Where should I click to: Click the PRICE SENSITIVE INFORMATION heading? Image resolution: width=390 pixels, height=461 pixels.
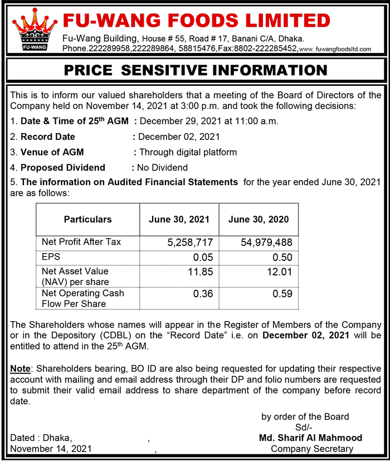pos(195,70)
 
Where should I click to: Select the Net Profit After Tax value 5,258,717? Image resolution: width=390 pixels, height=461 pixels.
pos(190,242)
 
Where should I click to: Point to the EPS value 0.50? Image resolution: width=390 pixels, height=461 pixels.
pos(282,258)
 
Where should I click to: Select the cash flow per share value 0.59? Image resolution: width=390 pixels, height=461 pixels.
pos(282,294)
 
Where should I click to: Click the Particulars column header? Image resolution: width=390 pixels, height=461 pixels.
pos(87,219)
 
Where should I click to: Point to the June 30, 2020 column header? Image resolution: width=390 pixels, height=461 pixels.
pos(258,219)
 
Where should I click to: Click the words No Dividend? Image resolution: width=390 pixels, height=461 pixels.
pos(162,167)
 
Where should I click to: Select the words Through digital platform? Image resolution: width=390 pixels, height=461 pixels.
pos(188,152)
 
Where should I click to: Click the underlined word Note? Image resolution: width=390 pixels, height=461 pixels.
pos(21,369)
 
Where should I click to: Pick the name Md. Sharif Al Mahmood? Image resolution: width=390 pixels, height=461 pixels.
pos(310,438)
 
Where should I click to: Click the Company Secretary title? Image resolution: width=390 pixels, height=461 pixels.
pos(311,449)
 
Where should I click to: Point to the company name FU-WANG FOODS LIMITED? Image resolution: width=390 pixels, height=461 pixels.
pos(196,21)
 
